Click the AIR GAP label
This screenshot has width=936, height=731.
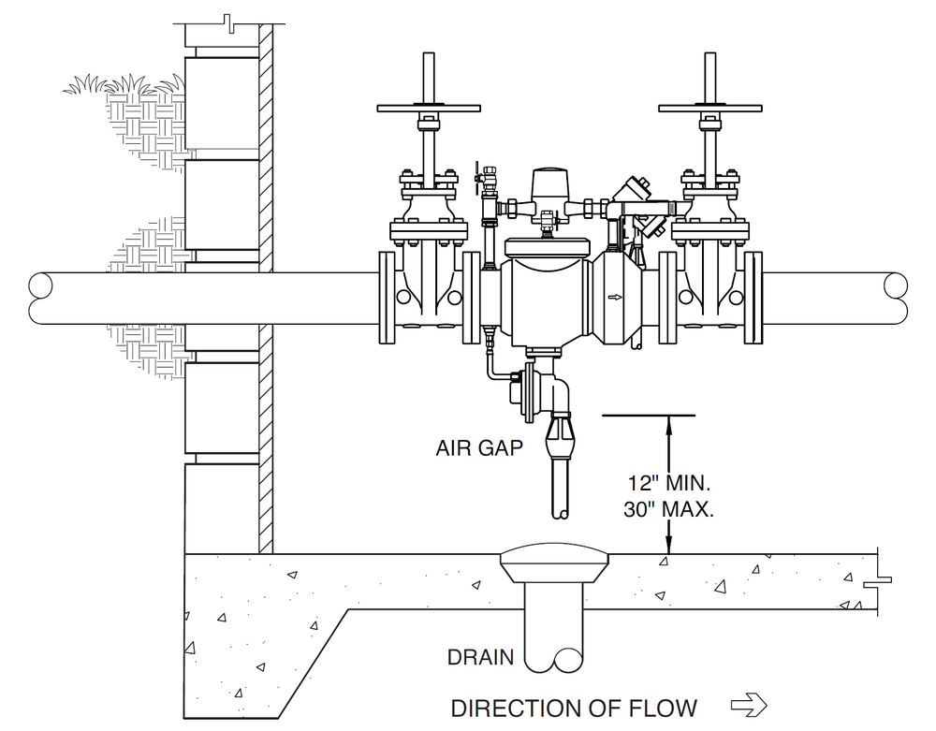pyautogui.click(x=479, y=447)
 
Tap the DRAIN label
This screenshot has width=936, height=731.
pyautogui.click(x=480, y=657)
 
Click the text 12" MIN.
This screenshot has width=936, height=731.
pyautogui.click(x=668, y=483)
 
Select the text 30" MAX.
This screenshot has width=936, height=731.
pyautogui.click(x=668, y=509)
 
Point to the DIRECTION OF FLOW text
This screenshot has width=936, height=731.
pyautogui.click(x=574, y=709)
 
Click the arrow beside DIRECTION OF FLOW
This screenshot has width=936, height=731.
pyautogui.click(x=749, y=705)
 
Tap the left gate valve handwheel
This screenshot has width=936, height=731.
pyautogui.click(x=429, y=109)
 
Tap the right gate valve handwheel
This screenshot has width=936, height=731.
pyautogui.click(x=709, y=109)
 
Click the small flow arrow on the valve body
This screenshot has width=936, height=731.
pyautogui.click(x=614, y=297)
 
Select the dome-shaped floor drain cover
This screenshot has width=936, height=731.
pyautogui.click(x=554, y=554)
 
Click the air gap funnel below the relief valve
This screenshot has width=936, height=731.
pyautogui.click(x=560, y=437)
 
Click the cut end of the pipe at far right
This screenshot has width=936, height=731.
pyautogui.click(x=896, y=299)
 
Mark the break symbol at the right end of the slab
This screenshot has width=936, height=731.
pyautogui.click(x=879, y=580)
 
